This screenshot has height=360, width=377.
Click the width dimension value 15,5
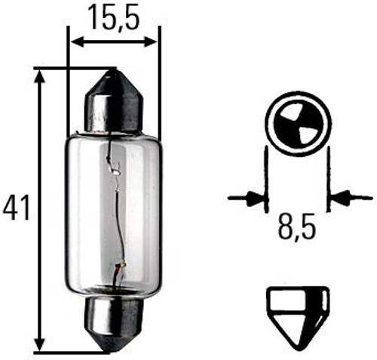coord(113,16)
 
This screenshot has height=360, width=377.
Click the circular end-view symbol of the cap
coord(297,124)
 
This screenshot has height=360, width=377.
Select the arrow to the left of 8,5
coord(249,199)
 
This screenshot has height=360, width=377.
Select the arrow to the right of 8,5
coord(344,199)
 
